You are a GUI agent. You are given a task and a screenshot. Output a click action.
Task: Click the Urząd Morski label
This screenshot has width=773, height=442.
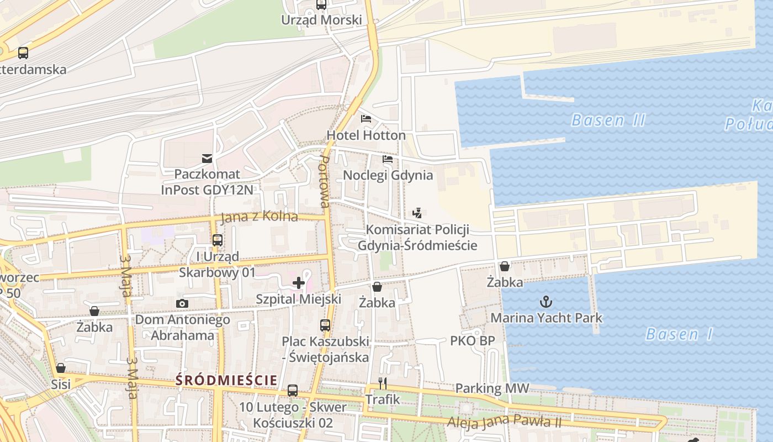tap(321, 20)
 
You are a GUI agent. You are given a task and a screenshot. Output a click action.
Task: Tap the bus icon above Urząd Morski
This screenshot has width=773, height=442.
tap(321, 5)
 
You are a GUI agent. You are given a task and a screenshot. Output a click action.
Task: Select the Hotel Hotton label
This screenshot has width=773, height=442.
tap(366, 135)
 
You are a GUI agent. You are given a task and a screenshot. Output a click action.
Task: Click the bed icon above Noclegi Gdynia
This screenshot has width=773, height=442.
tap(388, 159)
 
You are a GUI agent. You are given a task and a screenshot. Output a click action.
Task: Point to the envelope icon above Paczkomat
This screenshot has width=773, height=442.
tap(207, 159)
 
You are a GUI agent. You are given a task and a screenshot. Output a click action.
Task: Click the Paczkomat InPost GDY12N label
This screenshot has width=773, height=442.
tap(207, 182)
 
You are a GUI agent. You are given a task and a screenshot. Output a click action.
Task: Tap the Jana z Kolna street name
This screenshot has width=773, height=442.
tap(259, 217)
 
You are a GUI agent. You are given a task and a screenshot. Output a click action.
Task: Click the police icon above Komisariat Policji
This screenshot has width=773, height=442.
tap(417, 213)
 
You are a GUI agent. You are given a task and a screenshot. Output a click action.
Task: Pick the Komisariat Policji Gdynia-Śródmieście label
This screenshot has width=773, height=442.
tap(417, 237)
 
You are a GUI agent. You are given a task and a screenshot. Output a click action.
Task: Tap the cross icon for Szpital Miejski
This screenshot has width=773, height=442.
tap(299, 283)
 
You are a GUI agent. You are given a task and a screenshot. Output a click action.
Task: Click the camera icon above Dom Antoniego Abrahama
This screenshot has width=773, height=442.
tap(182, 303)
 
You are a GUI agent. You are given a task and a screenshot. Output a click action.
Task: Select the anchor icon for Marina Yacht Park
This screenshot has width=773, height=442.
tap(546, 302)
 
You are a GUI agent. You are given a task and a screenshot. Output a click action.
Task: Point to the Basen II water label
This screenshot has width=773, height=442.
tap(608, 120)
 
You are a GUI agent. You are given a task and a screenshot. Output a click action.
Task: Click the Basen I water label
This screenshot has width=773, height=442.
tap(679, 334)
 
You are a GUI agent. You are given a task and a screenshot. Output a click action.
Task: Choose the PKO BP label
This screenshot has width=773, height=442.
tap(473, 340)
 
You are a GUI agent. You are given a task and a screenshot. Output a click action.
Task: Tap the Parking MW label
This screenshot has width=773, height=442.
tap(492, 388)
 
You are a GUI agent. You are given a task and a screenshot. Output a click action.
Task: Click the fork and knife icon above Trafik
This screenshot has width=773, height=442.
tap(382, 383)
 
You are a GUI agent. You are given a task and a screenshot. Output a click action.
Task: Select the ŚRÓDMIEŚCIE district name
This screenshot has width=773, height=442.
tap(226, 380)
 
